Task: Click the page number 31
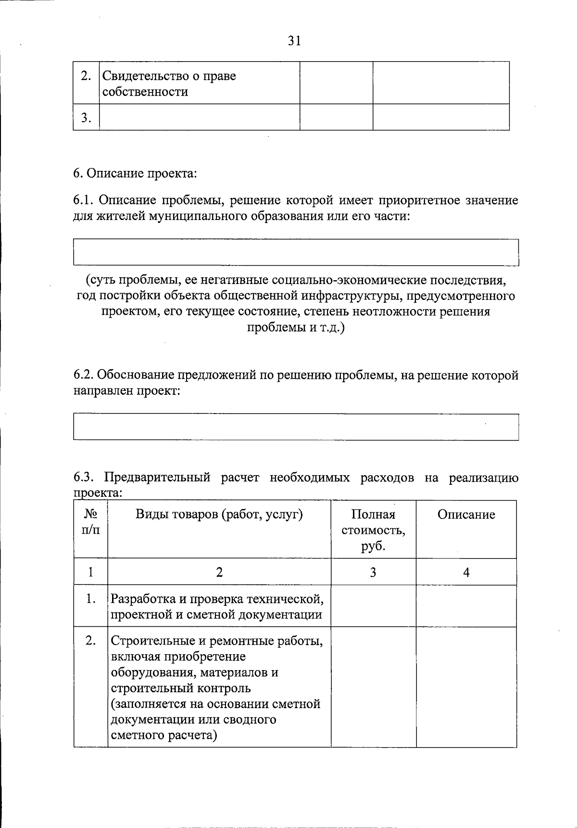point(294,41)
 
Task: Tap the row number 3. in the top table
point(86,117)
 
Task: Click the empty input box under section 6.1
point(296,252)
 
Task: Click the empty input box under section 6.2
point(296,427)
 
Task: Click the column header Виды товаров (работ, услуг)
point(219,515)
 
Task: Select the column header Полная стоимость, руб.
point(373,530)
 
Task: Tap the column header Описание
point(466,515)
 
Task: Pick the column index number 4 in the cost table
point(466,572)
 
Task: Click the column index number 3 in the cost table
point(373,572)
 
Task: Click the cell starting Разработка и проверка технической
point(217,607)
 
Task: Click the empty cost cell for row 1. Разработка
point(373,606)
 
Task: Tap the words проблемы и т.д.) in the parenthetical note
point(296,328)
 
